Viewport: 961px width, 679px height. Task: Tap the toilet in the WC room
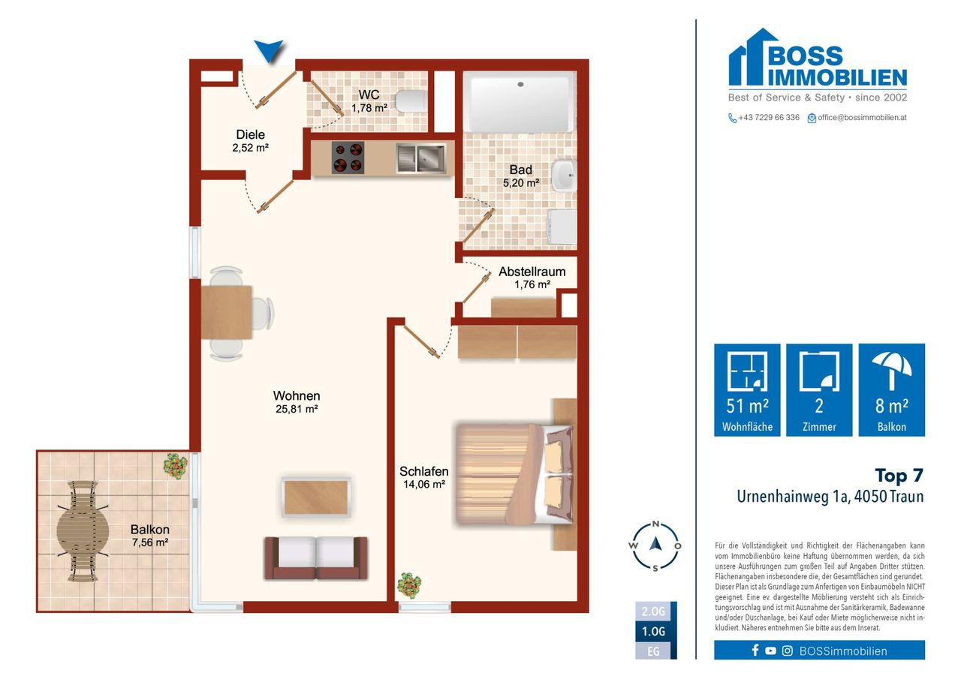[x=411, y=101]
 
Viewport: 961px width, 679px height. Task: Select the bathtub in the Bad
[x=520, y=101]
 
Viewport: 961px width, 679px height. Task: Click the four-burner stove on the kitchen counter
[x=348, y=158]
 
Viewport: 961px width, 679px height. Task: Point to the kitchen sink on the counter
[x=420, y=158]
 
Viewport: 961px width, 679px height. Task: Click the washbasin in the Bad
[x=564, y=175]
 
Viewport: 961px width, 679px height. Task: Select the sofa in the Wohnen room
[x=316, y=557]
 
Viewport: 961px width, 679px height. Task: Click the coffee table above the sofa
[x=316, y=497]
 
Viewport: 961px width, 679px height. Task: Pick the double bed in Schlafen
[x=514, y=474]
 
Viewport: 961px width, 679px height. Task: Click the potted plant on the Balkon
[x=176, y=466]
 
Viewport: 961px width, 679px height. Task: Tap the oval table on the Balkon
[x=83, y=530]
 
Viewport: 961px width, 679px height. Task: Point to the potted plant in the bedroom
[x=409, y=585]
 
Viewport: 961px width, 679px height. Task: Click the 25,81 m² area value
[x=297, y=409]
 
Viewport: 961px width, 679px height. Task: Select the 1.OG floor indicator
[x=653, y=631]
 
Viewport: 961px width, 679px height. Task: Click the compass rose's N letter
[x=655, y=524]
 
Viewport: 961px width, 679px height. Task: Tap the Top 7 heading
[x=899, y=475]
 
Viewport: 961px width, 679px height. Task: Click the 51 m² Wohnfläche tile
[x=747, y=389]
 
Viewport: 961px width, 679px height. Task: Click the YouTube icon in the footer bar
[x=770, y=650]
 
